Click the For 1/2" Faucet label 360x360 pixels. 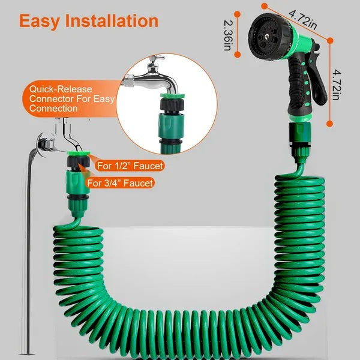coord(130,166)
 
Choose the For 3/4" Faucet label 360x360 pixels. coord(120,183)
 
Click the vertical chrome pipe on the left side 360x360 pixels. coord(25,252)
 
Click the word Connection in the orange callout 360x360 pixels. coord(53,109)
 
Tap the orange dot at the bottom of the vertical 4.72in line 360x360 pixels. coord(329,124)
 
